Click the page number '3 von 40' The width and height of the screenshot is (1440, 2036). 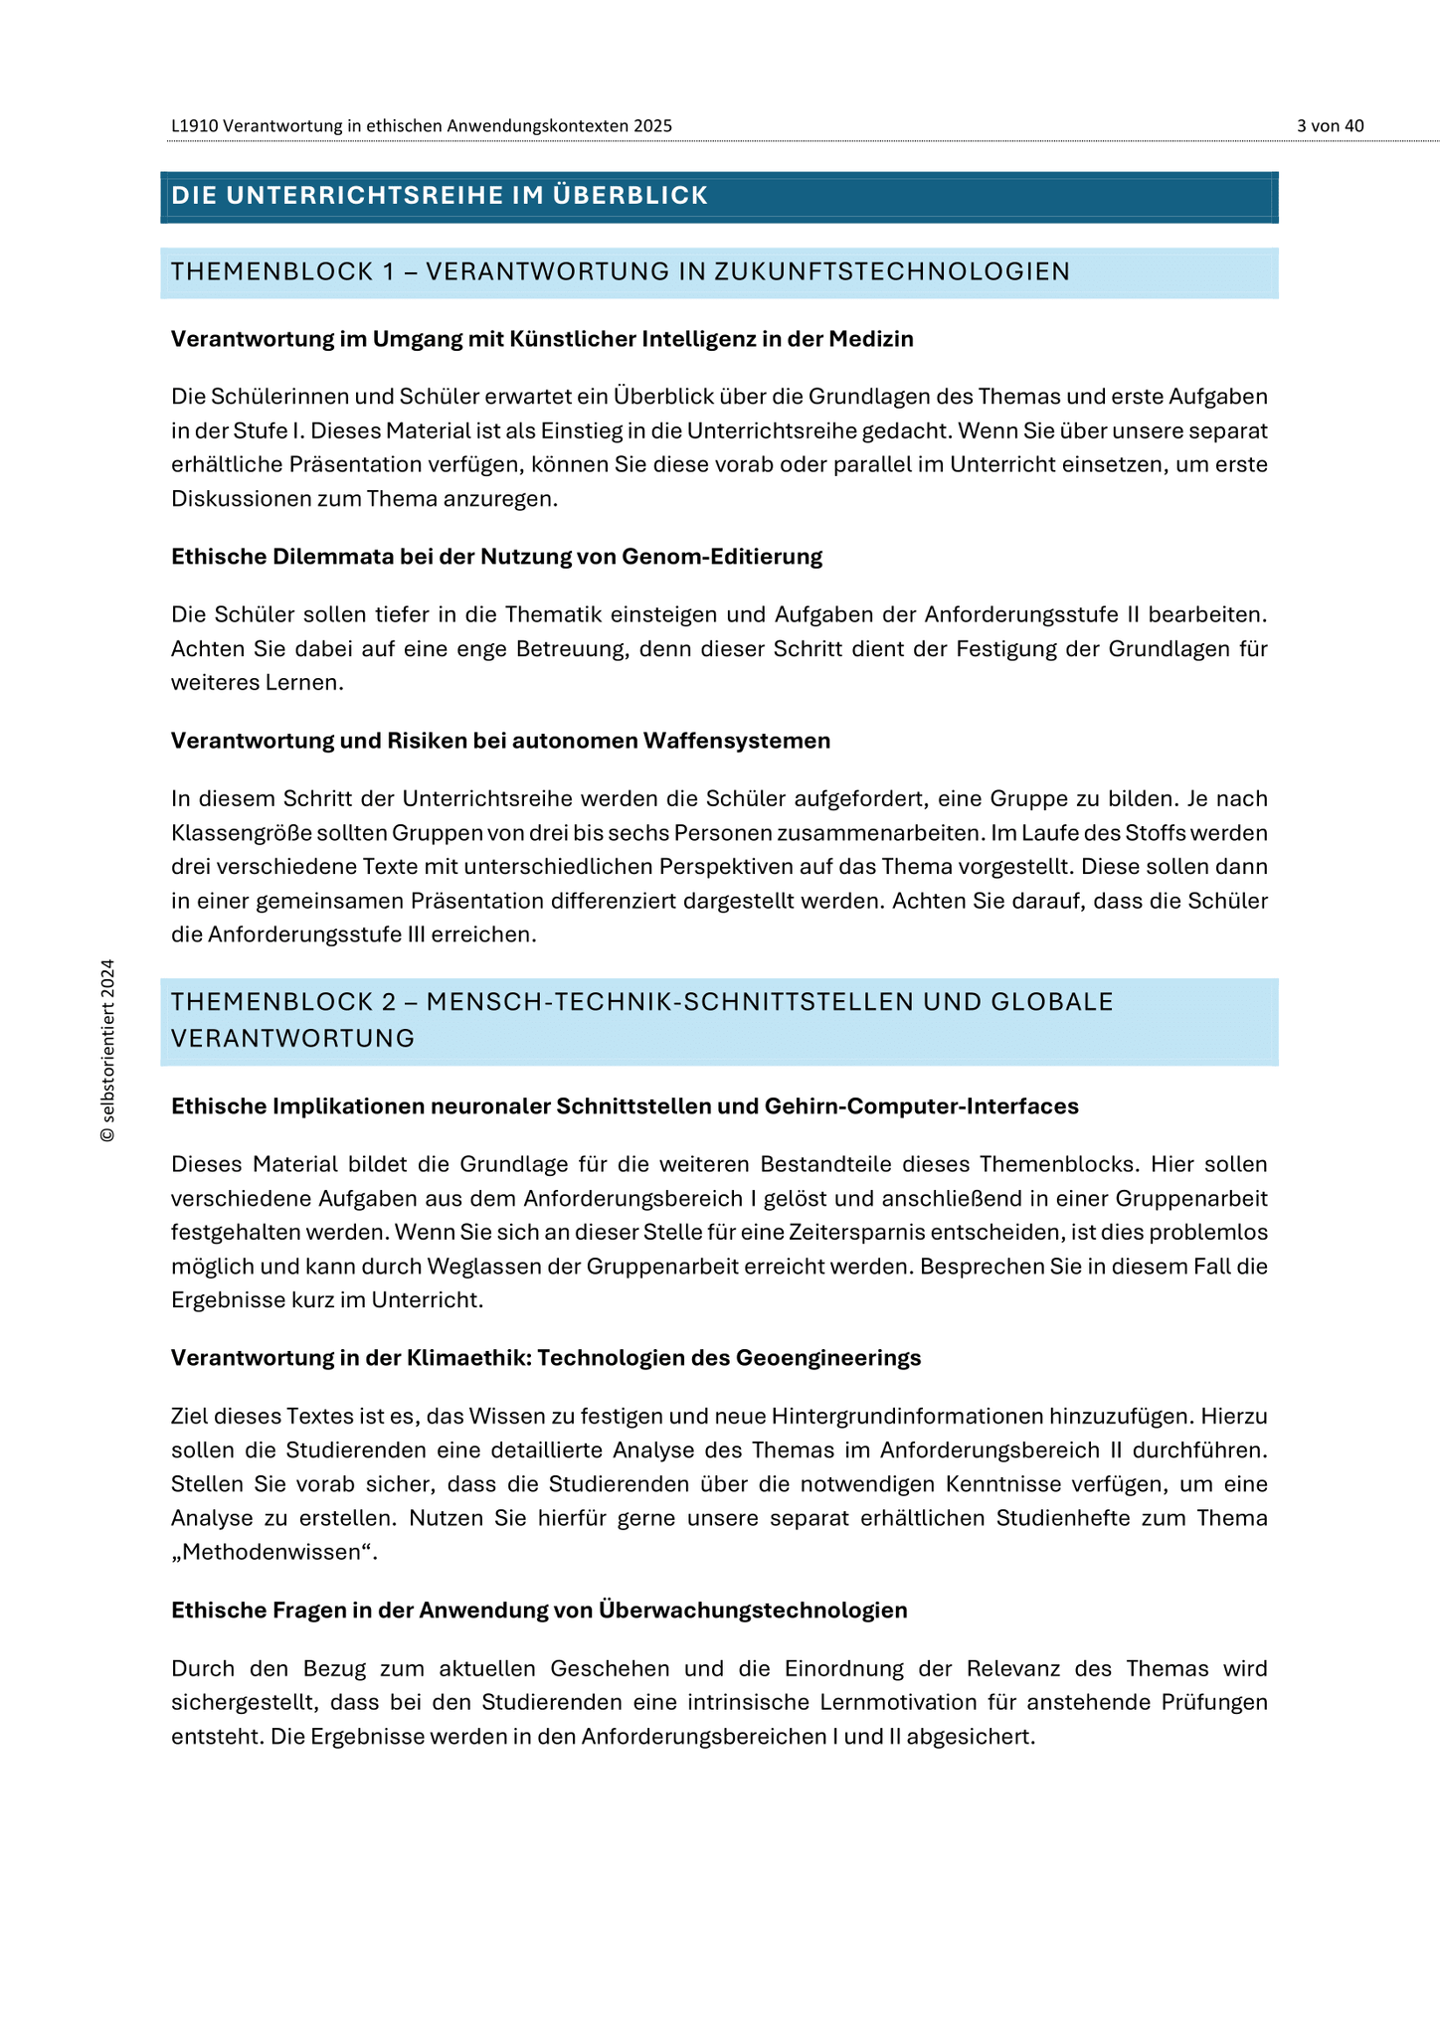(x=1330, y=125)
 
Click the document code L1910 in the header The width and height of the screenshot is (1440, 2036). (x=195, y=125)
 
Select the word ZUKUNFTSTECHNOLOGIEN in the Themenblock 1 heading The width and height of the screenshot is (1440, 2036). (x=892, y=271)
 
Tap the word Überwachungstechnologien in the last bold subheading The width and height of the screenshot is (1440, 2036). (x=753, y=1611)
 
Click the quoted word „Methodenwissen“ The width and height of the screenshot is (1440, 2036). (x=273, y=1552)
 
